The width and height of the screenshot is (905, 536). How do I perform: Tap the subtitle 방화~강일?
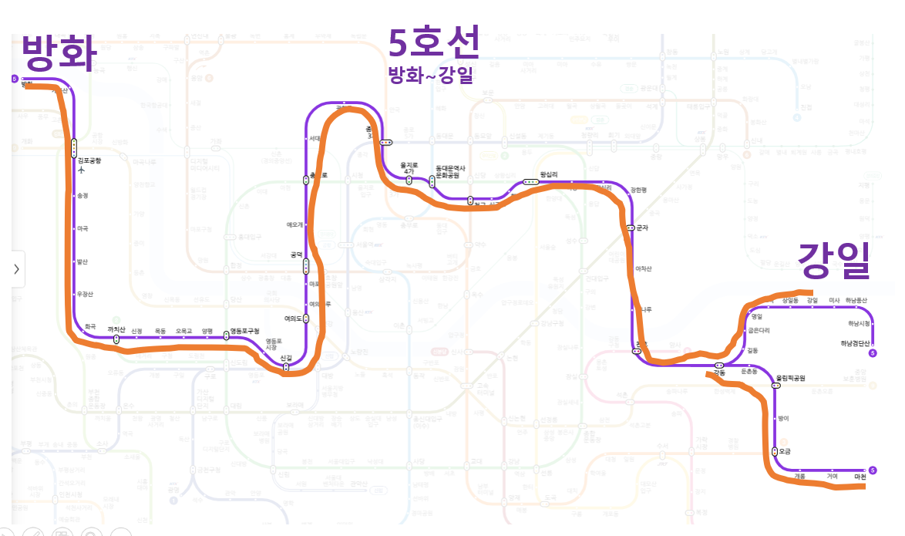coord(430,76)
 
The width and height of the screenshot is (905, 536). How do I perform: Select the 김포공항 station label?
coord(89,160)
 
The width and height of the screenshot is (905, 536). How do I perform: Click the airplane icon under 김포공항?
coord(81,170)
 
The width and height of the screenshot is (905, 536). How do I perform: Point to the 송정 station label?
coord(82,196)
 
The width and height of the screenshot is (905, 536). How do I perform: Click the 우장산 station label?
coord(85,294)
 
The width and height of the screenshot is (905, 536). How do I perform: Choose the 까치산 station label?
coord(116,329)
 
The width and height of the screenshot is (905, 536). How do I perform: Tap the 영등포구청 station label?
coord(246,332)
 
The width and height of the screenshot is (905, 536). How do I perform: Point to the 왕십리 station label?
coord(549,174)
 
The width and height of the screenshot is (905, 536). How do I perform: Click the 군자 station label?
coord(642,228)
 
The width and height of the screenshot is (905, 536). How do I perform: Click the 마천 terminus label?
coord(860,477)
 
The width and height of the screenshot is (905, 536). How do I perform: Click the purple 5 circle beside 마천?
coord(873,470)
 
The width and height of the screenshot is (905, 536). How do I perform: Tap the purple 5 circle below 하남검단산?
coord(873,353)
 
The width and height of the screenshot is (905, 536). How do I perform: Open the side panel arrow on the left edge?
coord(15,269)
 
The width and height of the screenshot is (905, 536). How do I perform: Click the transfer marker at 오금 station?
coord(774,451)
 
